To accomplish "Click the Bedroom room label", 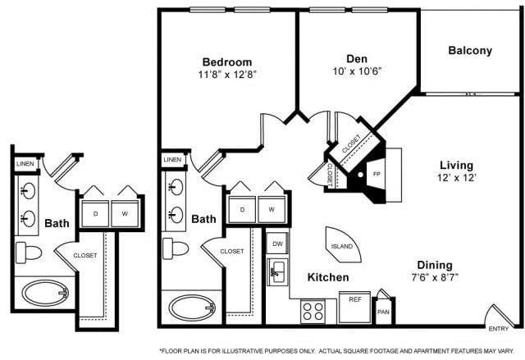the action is tap(227, 62).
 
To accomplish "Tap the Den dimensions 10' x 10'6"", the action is tap(358, 71).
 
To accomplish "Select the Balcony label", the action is tap(470, 51).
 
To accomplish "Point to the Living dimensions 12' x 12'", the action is tap(457, 178).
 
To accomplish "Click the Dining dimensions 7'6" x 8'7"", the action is tap(435, 277).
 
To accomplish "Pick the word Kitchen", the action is tap(328, 277).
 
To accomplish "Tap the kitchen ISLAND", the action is tap(343, 245).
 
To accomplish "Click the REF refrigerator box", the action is tap(355, 308).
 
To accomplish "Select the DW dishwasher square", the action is tap(277, 244).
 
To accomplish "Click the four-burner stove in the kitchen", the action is tap(313, 312).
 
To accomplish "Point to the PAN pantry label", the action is tap(383, 312).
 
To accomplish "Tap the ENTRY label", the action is tap(499, 329).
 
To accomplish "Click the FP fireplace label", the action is tap(377, 174).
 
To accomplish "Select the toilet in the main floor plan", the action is tap(176, 248).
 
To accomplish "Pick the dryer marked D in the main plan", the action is tap(242, 210).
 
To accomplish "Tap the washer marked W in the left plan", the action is tap(125, 213).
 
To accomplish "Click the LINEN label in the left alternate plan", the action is tap(25, 164).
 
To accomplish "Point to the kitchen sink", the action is tap(277, 271).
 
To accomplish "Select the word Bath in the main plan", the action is tap(203, 219).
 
